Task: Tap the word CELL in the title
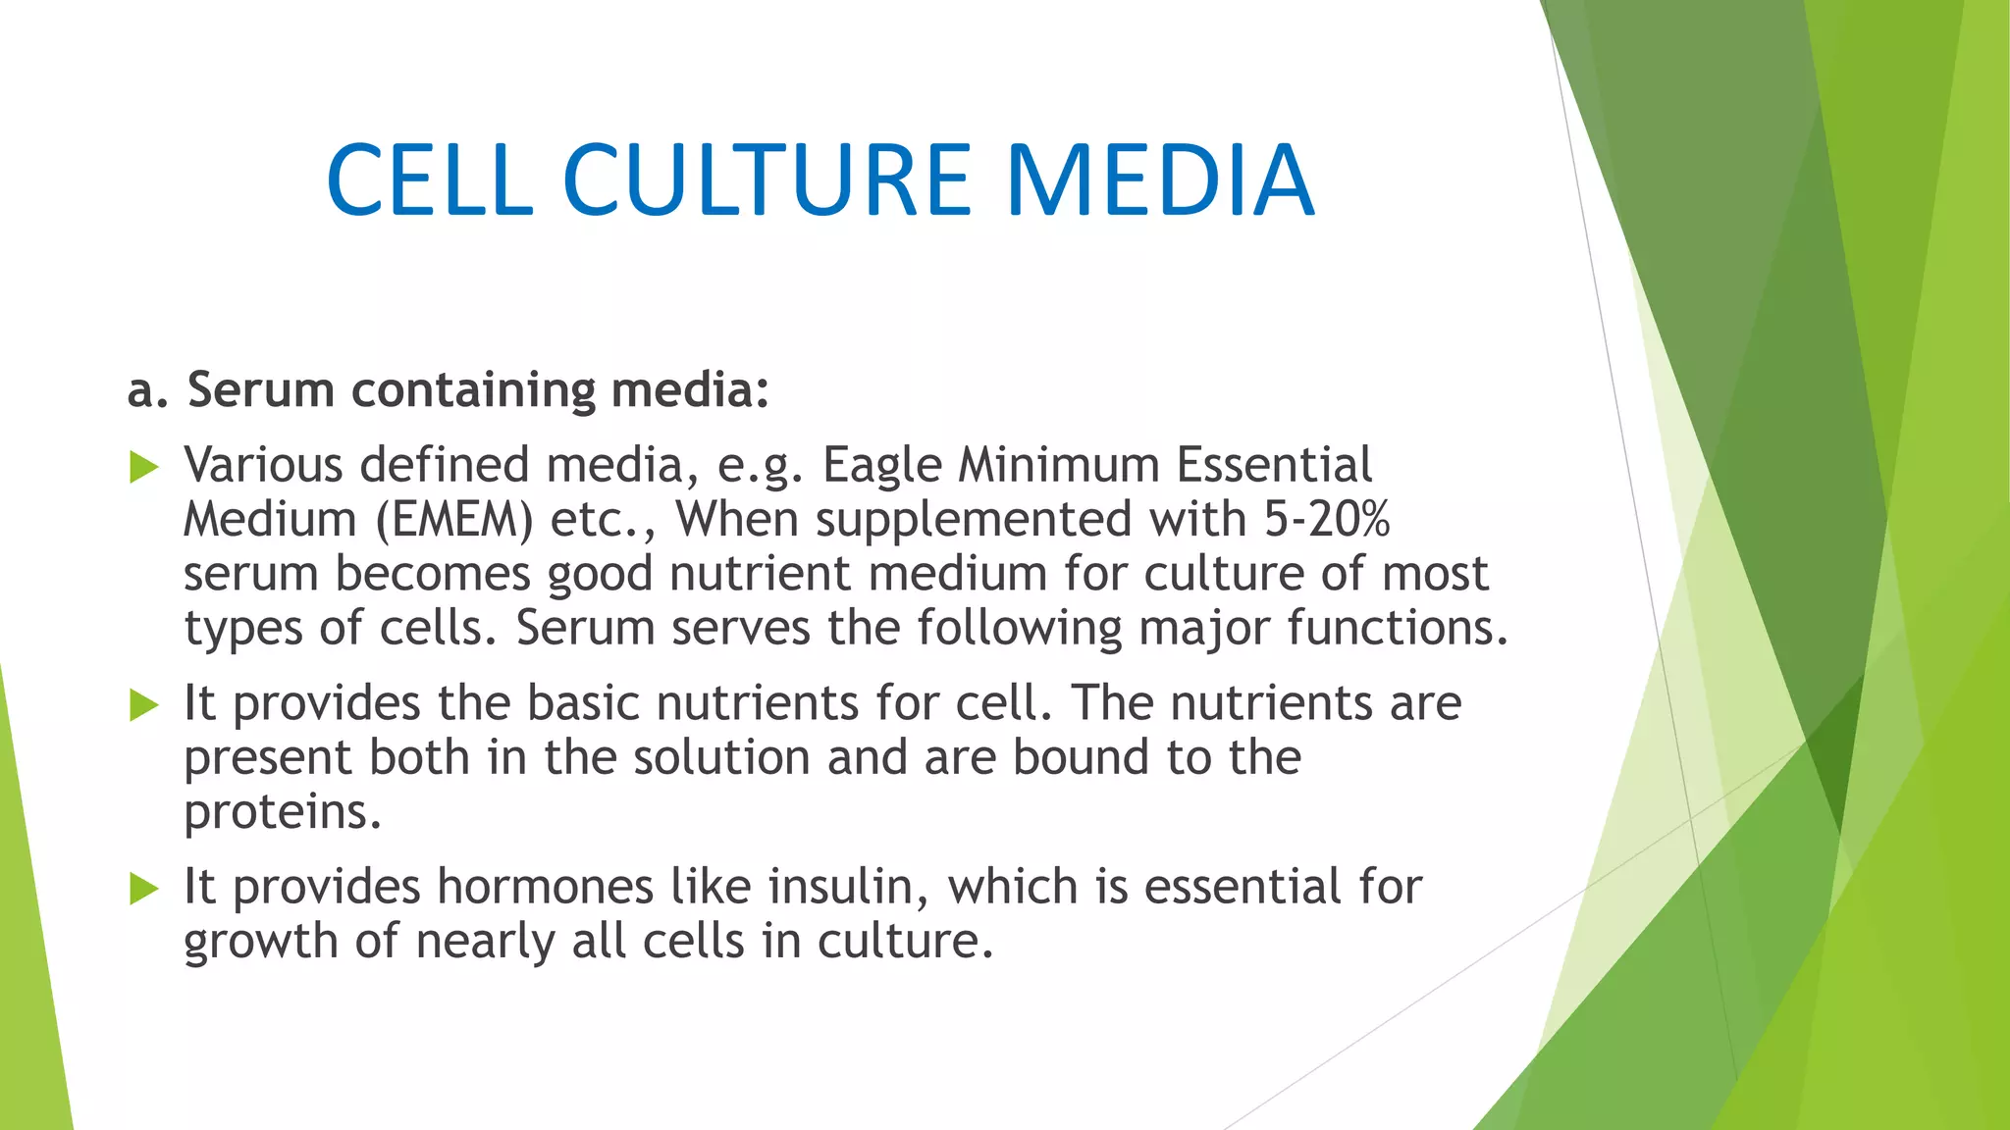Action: point(430,180)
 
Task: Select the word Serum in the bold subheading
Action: point(261,389)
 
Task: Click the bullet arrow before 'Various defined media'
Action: point(143,468)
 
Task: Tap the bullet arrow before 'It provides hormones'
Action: point(143,889)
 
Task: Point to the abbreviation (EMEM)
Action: point(454,520)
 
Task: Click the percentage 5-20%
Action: point(1325,519)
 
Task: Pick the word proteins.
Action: point(282,813)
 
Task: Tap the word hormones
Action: point(545,887)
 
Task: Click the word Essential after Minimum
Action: point(1273,465)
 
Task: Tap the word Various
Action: point(263,465)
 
